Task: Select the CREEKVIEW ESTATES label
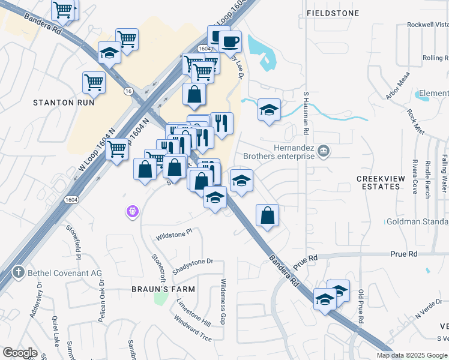(x=378, y=182)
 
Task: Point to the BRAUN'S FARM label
(x=164, y=289)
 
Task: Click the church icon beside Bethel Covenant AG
(x=19, y=272)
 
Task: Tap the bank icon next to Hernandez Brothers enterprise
(x=324, y=150)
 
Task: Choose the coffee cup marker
(x=230, y=42)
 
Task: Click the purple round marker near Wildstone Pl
(x=133, y=211)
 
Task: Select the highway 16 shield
(x=128, y=91)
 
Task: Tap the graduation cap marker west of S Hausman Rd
(x=269, y=110)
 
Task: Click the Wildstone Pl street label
(x=173, y=231)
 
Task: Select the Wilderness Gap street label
(x=223, y=302)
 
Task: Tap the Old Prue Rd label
(x=361, y=307)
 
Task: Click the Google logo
(x=20, y=353)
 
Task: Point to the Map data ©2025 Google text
(x=411, y=355)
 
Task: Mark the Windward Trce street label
(x=193, y=329)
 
